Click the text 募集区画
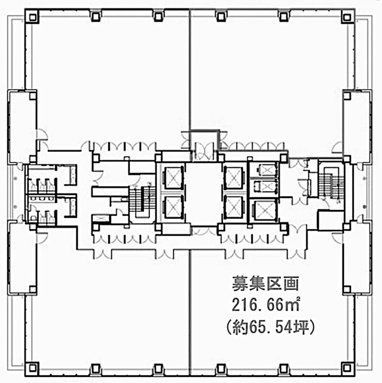pos(265,283)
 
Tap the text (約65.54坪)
pos(270,327)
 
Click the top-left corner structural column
pos(32,17)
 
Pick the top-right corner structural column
pos(347,17)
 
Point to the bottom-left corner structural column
pos(32,368)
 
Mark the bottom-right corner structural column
pos(347,368)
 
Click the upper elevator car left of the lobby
pos(173,178)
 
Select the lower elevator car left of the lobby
pos(173,207)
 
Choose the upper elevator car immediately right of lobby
pos(234,178)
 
